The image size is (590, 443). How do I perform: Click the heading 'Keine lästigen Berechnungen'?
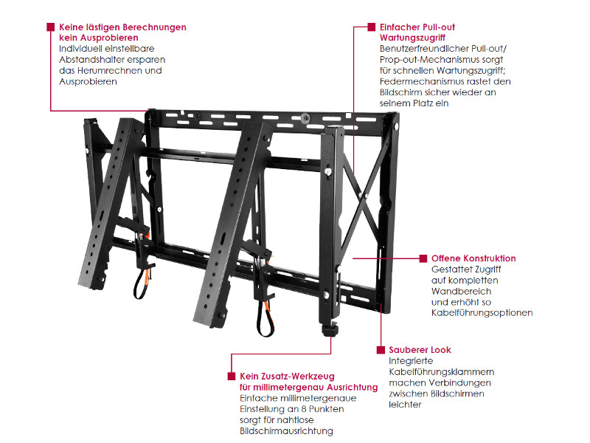pyautogui.click(x=122, y=27)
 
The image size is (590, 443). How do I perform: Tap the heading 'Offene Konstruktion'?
pyautogui.click(x=473, y=258)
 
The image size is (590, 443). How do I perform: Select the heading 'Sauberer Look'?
pyautogui.click(x=420, y=350)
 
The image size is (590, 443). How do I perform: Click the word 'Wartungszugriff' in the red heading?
pyautogui.click(x=412, y=38)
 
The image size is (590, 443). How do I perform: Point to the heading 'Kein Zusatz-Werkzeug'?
pyautogui.click(x=287, y=377)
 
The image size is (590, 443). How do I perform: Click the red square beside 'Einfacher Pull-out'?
pyautogui.click(x=372, y=27)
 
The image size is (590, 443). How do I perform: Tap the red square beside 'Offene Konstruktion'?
pyautogui.click(x=423, y=258)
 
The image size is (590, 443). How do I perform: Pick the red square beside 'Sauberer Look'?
pyautogui.click(x=381, y=350)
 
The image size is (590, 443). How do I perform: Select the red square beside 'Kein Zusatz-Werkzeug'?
pyautogui.click(x=232, y=377)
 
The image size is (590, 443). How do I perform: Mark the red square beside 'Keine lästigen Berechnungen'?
pyautogui.click(x=51, y=27)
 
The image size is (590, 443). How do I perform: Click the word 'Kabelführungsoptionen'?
pyautogui.click(x=482, y=313)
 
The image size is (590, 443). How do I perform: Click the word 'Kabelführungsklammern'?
pyautogui.click(x=441, y=372)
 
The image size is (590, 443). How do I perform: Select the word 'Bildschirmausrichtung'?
pyautogui.click(x=286, y=431)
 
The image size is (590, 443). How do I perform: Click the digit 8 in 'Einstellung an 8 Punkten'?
pyautogui.click(x=304, y=409)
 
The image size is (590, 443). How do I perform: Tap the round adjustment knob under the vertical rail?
pyautogui.click(x=329, y=331)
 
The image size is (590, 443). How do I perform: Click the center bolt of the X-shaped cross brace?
pyautogui.click(x=362, y=195)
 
